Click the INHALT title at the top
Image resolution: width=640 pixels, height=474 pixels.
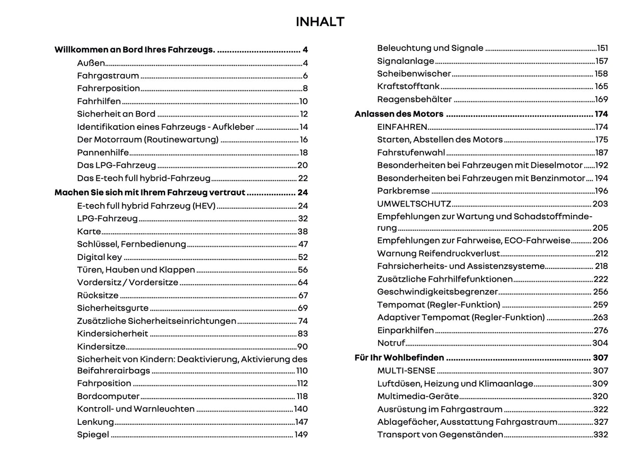tap(320, 22)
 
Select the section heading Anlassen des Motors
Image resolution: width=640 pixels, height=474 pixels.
tap(399, 114)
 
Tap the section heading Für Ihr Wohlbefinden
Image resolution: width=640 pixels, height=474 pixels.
tap(399, 357)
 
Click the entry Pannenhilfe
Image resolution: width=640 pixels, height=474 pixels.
tap(103, 152)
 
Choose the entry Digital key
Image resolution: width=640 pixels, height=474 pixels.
tap(99, 257)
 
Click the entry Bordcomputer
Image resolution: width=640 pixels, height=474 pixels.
tap(108, 396)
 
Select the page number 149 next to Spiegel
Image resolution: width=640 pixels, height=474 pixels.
tap(301, 435)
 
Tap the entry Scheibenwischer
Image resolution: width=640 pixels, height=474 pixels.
tap(414, 74)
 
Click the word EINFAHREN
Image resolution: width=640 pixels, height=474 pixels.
tap(402, 127)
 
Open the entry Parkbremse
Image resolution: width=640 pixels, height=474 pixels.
tap(403, 191)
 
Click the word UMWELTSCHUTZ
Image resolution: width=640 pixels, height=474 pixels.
tap(414, 204)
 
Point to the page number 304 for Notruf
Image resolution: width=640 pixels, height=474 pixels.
tap(600, 343)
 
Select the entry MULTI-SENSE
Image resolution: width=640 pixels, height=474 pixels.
tap(406, 370)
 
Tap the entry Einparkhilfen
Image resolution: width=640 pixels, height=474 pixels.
tap(405, 330)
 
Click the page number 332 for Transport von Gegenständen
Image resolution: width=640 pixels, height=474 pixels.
tap(600, 435)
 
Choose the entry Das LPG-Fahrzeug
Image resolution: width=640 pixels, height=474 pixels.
tap(116, 165)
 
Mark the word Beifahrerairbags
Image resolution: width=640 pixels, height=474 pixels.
tap(113, 371)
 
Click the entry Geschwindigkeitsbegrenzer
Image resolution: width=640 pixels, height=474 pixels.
tap(438, 291)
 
